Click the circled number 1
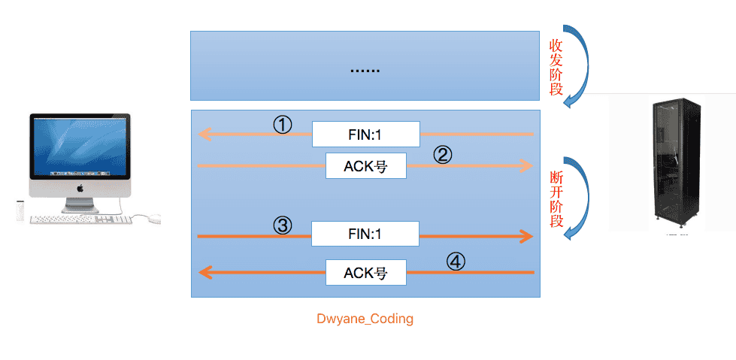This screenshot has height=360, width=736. (283, 126)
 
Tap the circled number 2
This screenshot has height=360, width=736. (442, 155)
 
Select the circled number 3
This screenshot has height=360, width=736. (283, 225)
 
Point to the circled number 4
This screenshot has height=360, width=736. (455, 262)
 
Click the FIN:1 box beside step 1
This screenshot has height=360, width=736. (366, 135)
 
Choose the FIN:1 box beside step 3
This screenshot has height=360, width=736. (365, 234)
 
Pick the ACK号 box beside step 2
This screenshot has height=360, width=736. (366, 165)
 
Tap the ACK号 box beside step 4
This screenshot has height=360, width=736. (366, 272)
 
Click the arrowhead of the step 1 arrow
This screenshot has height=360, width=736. (204, 135)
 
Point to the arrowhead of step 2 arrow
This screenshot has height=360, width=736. (528, 165)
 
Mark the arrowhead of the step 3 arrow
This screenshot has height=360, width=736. (527, 236)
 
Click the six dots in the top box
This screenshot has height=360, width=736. (365, 71)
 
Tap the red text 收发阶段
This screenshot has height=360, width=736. (556, 67)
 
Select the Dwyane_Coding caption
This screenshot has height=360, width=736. (365, 319)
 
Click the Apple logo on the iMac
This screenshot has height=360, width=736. (80, 188)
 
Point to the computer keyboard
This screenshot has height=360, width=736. (80, 219)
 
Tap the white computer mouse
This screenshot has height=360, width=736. (153, 218)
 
